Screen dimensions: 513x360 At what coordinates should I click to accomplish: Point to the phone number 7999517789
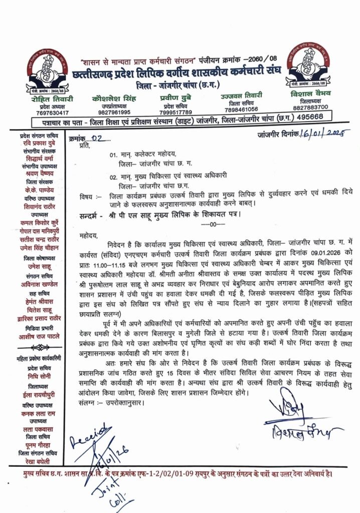[x=166, y=112]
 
